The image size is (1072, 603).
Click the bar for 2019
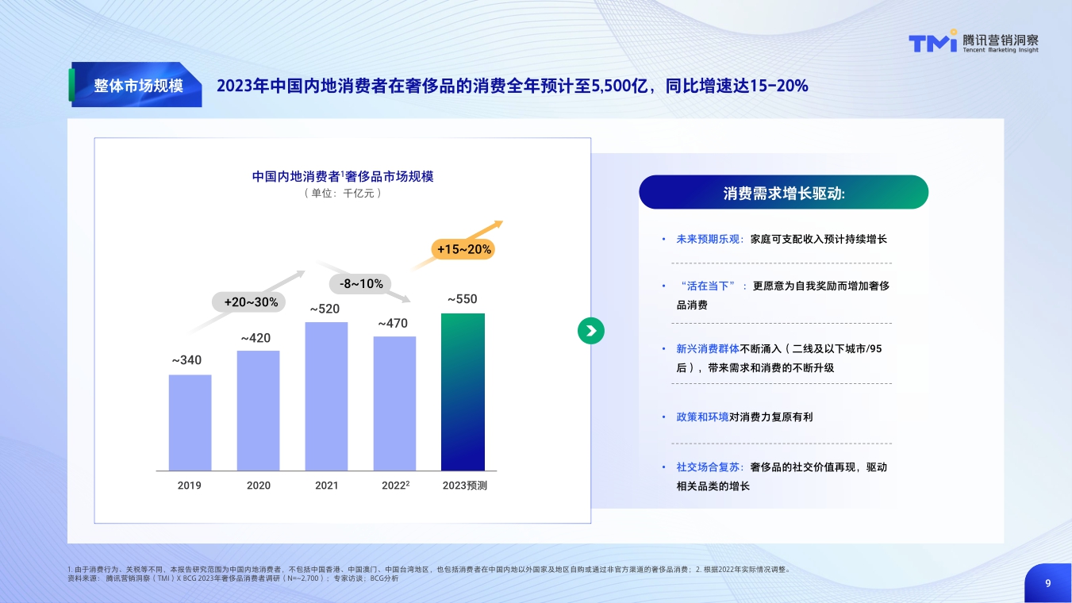click(x=190, y=422)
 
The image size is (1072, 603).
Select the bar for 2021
click(x=326, y=396)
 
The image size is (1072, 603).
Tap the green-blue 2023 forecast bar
click(x=463, y=391)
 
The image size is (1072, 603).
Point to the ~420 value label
click(x=256, y=338)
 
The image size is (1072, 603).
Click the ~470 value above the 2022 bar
click(x=393, y=324)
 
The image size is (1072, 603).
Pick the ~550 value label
click(x=463, y=299)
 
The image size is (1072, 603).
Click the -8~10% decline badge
click(x=361, y=283)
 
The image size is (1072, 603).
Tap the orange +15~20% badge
click(x=464, y=249)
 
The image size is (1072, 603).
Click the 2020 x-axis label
click(x=259, y=486)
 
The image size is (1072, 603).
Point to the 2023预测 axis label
click(x=465, y=486)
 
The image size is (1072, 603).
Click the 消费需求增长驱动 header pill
click(x=783, y=193)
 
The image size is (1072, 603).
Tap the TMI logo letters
click(x=932, y=43)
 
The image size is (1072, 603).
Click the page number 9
click(x=1047, y=583)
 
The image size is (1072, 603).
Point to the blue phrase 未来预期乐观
click(x=708, y=239)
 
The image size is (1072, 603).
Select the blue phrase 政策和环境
click(x=702, y=417)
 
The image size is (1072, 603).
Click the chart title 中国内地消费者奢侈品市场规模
click(x=343, y=176)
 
